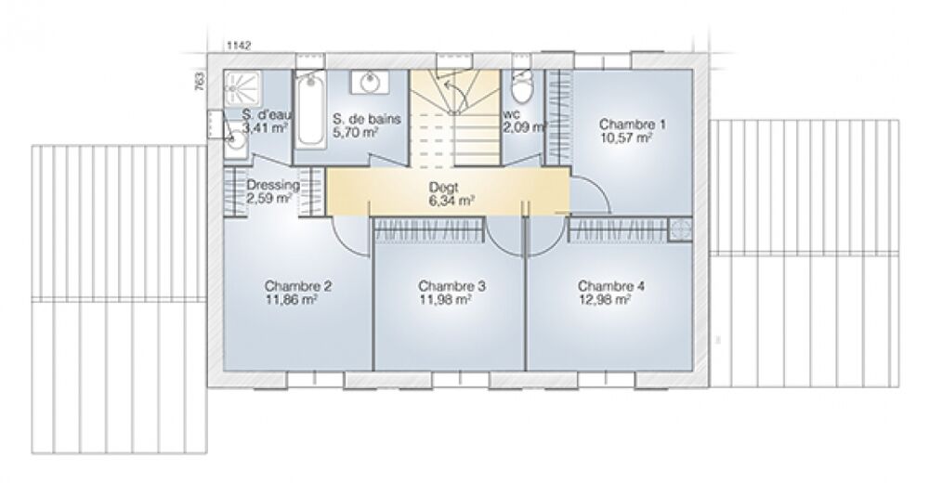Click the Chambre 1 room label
tap(632, 124)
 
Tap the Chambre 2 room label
tap(298, 286)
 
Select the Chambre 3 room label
tap(452, 286)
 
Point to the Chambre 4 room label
tap(611, 286)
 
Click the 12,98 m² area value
tap(605, 300)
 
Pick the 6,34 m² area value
tap(452, 201)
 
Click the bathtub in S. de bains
tap(309, 111)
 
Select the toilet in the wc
tap(522, 86)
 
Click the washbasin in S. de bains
tap(370, 83)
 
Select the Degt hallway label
tap(442, 188)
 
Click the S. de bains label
tap(367, 119)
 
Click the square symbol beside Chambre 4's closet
tap(680, 228)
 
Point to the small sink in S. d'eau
tap(236, 138)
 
